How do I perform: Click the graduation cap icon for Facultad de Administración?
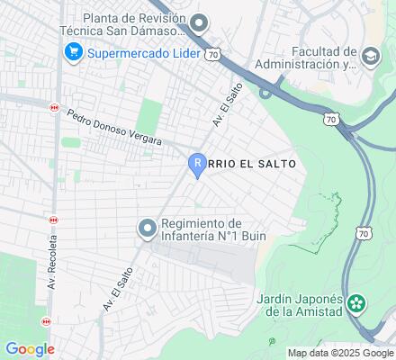(x=370, y=58)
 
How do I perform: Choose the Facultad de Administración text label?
(x=304, y=58)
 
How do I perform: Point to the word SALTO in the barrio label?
(x=272, y=163)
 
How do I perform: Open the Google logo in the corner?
(x=29, y=349)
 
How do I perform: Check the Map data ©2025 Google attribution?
(x=341, y=352)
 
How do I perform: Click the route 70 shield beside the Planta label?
(x=212, y=54)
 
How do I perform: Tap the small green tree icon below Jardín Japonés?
(x=272, y=342)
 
